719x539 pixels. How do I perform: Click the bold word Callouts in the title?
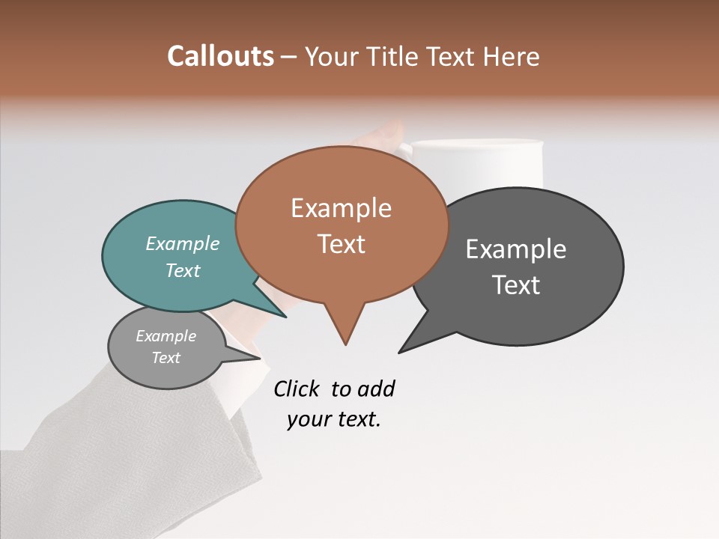pos(221,57)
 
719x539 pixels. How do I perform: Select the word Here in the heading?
pos(511,57)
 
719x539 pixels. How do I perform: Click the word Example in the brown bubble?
pos(341,208)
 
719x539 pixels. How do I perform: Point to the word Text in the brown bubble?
pos(341,244)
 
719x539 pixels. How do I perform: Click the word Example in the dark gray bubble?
pos(516,249)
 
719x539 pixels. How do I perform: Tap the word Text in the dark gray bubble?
pos(516,285)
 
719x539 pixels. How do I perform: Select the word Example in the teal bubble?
pos(183,244)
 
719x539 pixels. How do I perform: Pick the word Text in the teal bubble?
pos(183,271)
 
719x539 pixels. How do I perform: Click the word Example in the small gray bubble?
pos(166,336)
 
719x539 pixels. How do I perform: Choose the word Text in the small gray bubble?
pos(166,358)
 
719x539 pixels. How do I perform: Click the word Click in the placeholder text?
pos(298,389)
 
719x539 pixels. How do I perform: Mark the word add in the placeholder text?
pos(376,389)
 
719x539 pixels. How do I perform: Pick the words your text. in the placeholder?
pos(334,419)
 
